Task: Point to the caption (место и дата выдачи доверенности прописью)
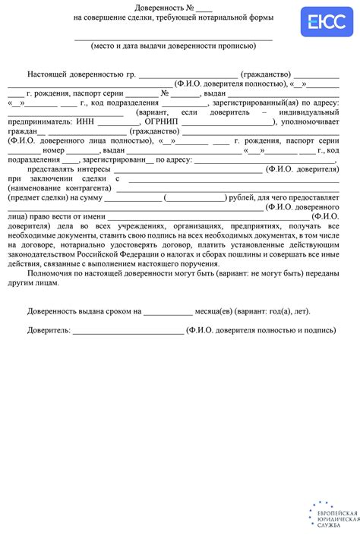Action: point(174,46)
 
